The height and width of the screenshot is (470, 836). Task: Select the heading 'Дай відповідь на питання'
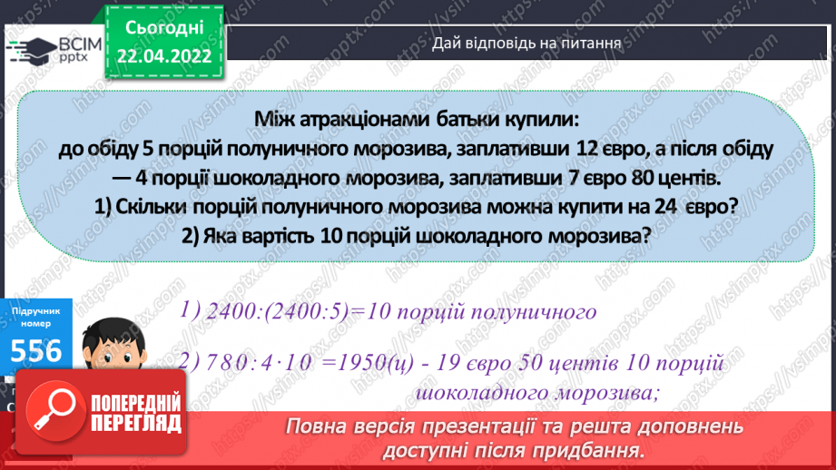click(x=526, y=42)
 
